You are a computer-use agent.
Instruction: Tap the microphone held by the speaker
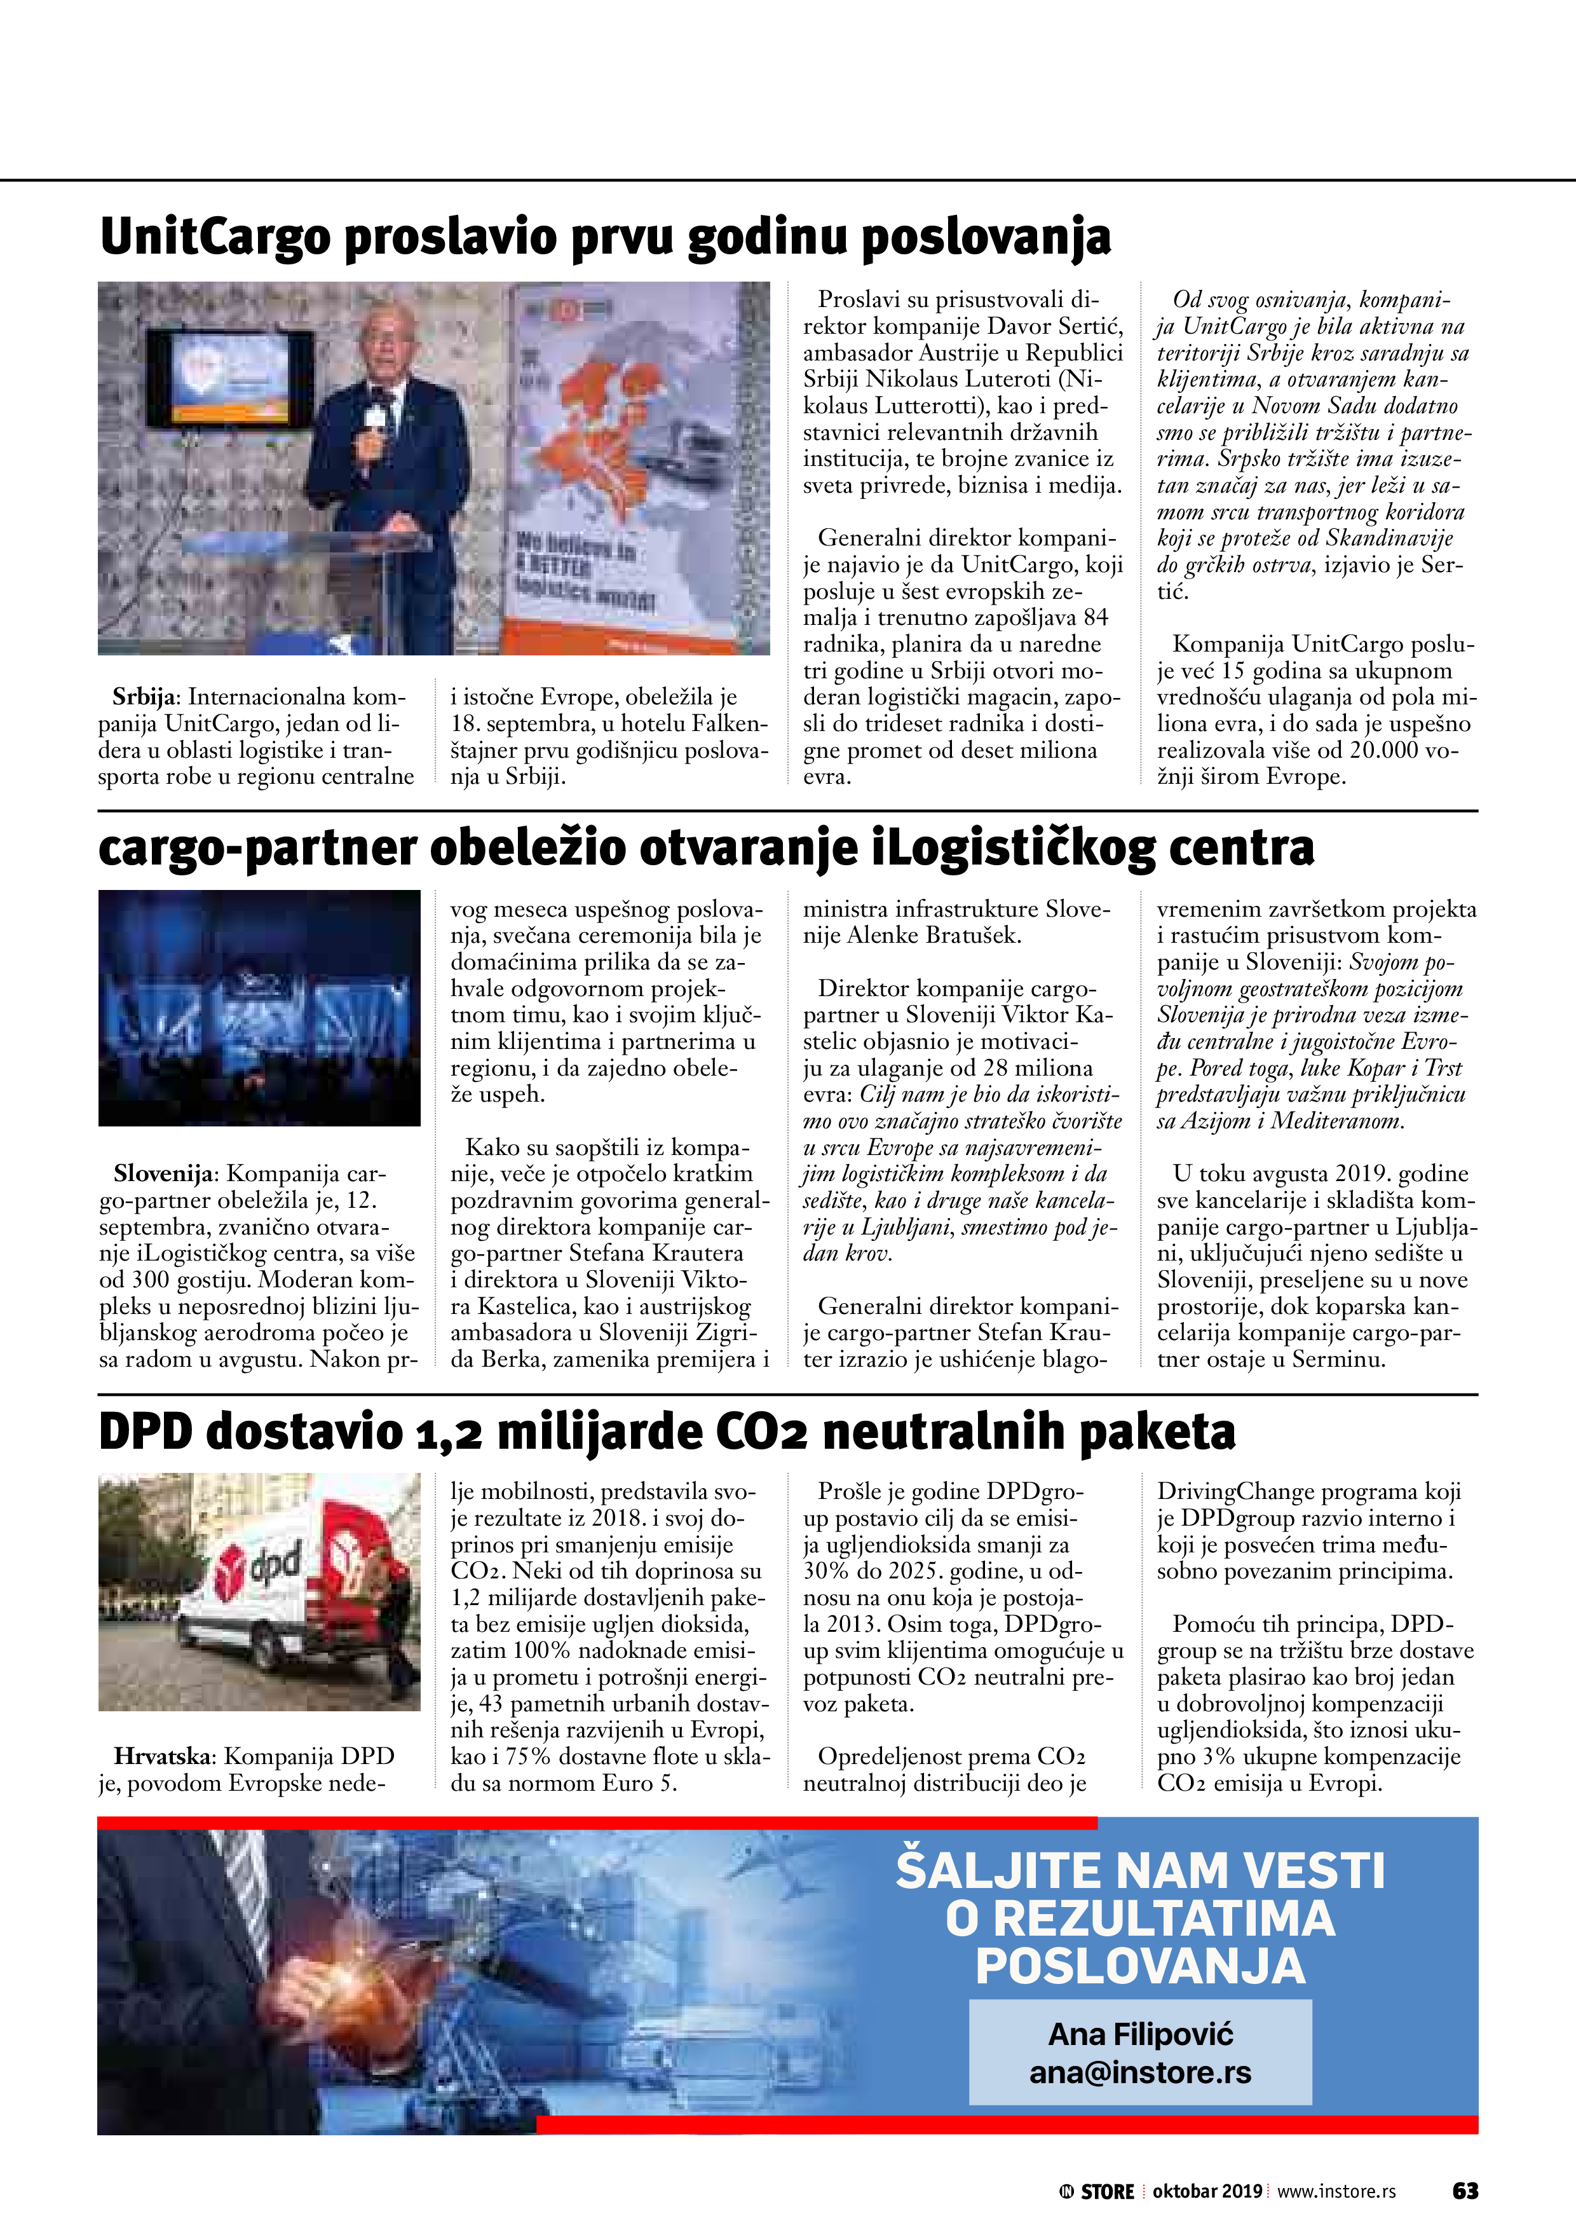pyautogui.click(x=374, y=420)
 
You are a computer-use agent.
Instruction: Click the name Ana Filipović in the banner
pyautogui.click(x=1140, y=2034)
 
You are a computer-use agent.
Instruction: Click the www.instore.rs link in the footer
pyautogui.click(x=1336, y=2191)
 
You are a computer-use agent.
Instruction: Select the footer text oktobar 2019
pyautogui.click(x=1207, y=2191)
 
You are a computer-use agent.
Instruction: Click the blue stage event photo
pyautogui.click(x=259, y=1007)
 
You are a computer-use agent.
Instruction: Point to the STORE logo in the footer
pyautogui.click(x=1097, y=2191)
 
